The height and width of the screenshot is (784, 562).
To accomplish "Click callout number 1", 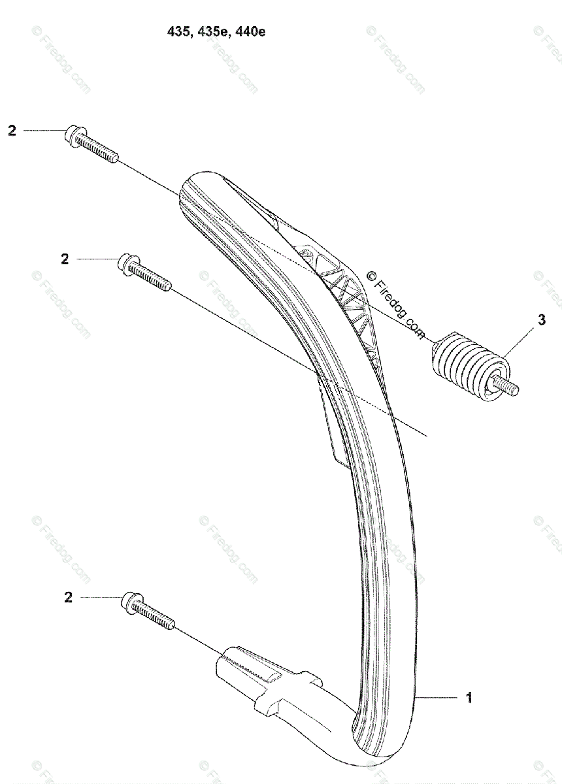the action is (x=469, y=698).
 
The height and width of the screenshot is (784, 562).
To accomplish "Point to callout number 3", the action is (x=542, y=320).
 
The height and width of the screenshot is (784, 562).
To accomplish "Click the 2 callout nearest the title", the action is (x=12, y=131).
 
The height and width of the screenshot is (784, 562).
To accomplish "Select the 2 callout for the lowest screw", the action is (x=68, y=597).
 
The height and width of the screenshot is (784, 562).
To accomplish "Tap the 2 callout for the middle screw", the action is (x=65, y=259).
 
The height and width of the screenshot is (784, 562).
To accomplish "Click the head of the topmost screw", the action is (x=73, y=136).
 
